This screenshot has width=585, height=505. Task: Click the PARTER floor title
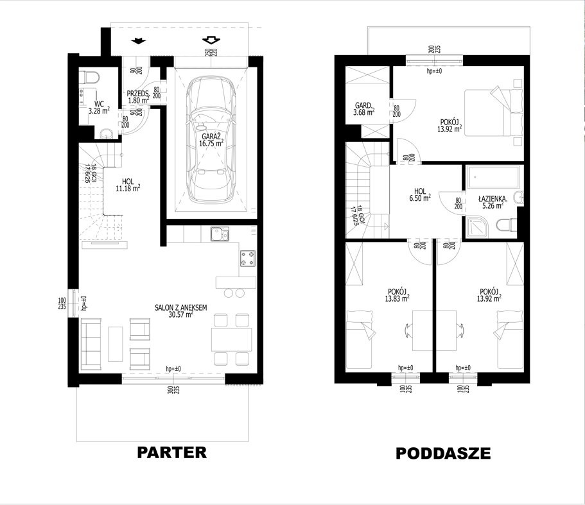pyautogui.click(x=171, y=452)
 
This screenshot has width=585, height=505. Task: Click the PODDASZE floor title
pyautogui.click(x=443, y=453)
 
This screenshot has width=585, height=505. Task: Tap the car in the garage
pyautogui.click(x=211, y=140)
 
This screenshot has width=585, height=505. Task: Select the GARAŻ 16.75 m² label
pyautogui.click(x=211, y=140)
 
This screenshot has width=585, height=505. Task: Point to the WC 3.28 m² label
pyautogui.click(x=99, y=107)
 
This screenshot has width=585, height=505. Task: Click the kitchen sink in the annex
pyautogui.click(x=220, y=234)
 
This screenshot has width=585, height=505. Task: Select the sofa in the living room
pyautogui.click(x=91, y=342)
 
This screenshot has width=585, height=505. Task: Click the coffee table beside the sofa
pyautogui.click(x=116, y=344)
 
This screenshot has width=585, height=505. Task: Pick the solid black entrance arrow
pyautogui.click(x=139, y=40)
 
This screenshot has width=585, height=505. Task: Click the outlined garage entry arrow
pyautogui.click(x=211, y=40)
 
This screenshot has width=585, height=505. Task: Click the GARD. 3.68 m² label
pyautogui.click(x=365, y=109)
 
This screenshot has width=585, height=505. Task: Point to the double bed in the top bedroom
pyautogui.click(x=494, y=112)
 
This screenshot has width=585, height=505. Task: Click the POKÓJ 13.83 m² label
pyautogui.click(x=397, y=295)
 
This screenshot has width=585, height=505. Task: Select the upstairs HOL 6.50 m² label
pyautogui.click(x=420, y=195)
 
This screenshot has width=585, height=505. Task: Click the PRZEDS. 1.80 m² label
pyautogui.click(x=139, y=97)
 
